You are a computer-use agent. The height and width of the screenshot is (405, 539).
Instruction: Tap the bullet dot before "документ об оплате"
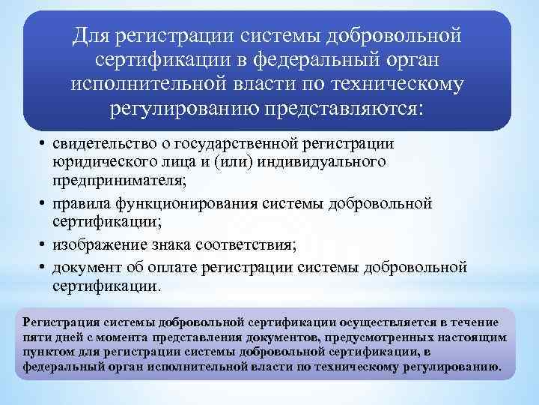(43, 268)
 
